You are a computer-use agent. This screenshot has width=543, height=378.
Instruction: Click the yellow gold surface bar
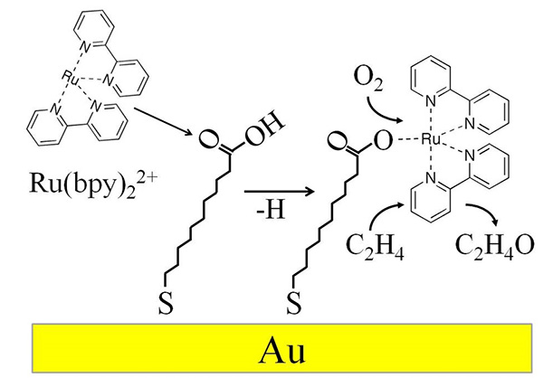(x=136, y=349)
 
